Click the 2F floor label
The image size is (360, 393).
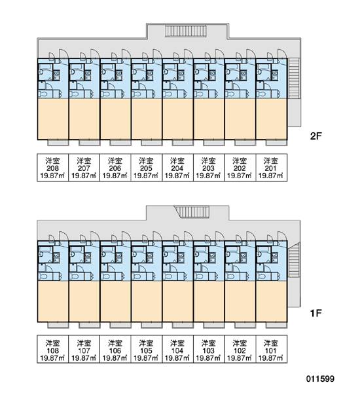tap(315, 136)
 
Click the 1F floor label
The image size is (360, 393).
tap(315, 313)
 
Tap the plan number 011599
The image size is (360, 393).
tap(320, 379)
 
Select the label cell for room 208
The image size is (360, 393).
tap(53, 168)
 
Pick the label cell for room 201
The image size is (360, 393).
tap(272, 168)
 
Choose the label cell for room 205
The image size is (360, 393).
tap(147, 168)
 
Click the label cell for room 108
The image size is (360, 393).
tap(53, 349)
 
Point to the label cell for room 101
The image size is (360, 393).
tap(272, 349)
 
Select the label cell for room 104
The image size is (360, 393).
tap(177, 349)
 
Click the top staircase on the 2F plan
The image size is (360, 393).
tap(186, 31)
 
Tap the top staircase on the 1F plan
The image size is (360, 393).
tap(192, 212)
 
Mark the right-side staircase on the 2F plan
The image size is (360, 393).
tap(294, 78)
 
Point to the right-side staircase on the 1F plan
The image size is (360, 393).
tap(294, 261)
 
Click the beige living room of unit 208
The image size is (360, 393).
tap(53, 119)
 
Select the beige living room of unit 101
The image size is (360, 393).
tap(272, 301)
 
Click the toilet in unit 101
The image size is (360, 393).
tap(262, 276)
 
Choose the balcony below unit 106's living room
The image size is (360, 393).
tap(120, 325)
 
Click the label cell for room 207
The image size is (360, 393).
tap(84, 168)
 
